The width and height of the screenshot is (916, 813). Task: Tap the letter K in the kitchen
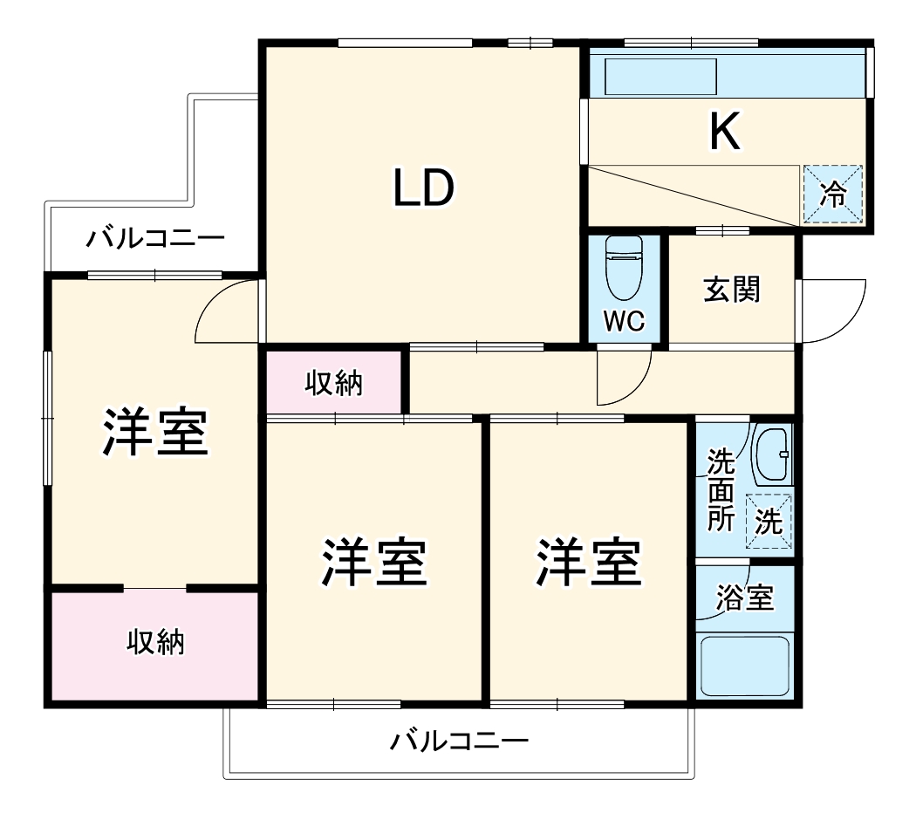725,133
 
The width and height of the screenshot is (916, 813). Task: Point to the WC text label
625,321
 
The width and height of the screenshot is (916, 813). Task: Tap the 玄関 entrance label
731,290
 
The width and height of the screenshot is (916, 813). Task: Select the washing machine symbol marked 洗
769,522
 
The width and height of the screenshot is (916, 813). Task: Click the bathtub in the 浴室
744,666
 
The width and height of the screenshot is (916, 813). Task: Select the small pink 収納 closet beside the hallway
333,382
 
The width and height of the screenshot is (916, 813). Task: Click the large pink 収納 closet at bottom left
155,643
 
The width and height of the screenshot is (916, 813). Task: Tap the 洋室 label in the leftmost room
155,433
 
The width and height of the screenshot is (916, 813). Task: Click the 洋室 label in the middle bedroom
374,563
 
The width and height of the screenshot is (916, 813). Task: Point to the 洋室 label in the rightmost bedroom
589,563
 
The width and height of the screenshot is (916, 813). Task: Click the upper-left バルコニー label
155,237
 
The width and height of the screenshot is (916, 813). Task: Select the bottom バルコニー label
459,742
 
